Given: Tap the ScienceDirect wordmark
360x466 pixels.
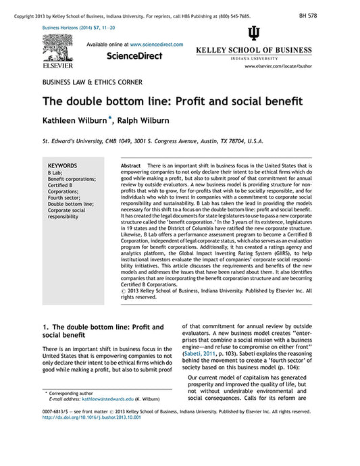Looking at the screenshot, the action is (x=134, y=56).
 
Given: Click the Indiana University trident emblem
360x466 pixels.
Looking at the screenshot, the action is (x=253, y=34).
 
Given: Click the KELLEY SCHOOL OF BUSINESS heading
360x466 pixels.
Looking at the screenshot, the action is (x=253, y=51).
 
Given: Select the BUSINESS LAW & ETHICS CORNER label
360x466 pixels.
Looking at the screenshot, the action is (x=92, y=82).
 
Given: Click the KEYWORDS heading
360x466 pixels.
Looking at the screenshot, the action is (x=62, y=165).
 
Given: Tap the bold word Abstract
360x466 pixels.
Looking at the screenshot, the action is (x=130, y=165).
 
